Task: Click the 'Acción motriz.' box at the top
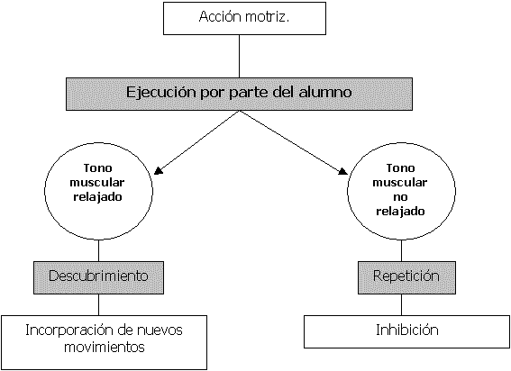[244, 18]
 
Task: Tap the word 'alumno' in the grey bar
[325, 92]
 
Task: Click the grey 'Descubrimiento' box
[98, 277]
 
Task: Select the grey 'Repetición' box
[406, 277]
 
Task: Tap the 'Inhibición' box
[407, 331]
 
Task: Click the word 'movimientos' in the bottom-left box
[105, 347]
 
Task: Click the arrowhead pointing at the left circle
[158, 171]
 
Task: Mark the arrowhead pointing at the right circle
[342, 171]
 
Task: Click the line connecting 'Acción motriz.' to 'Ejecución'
[239, 57]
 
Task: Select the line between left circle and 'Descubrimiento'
[98, 250]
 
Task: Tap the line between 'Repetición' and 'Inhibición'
[401, 304]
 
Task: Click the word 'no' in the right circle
[400, 197]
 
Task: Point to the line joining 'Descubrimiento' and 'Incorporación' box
[98, 304]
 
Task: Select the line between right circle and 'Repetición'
[401, 250]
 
